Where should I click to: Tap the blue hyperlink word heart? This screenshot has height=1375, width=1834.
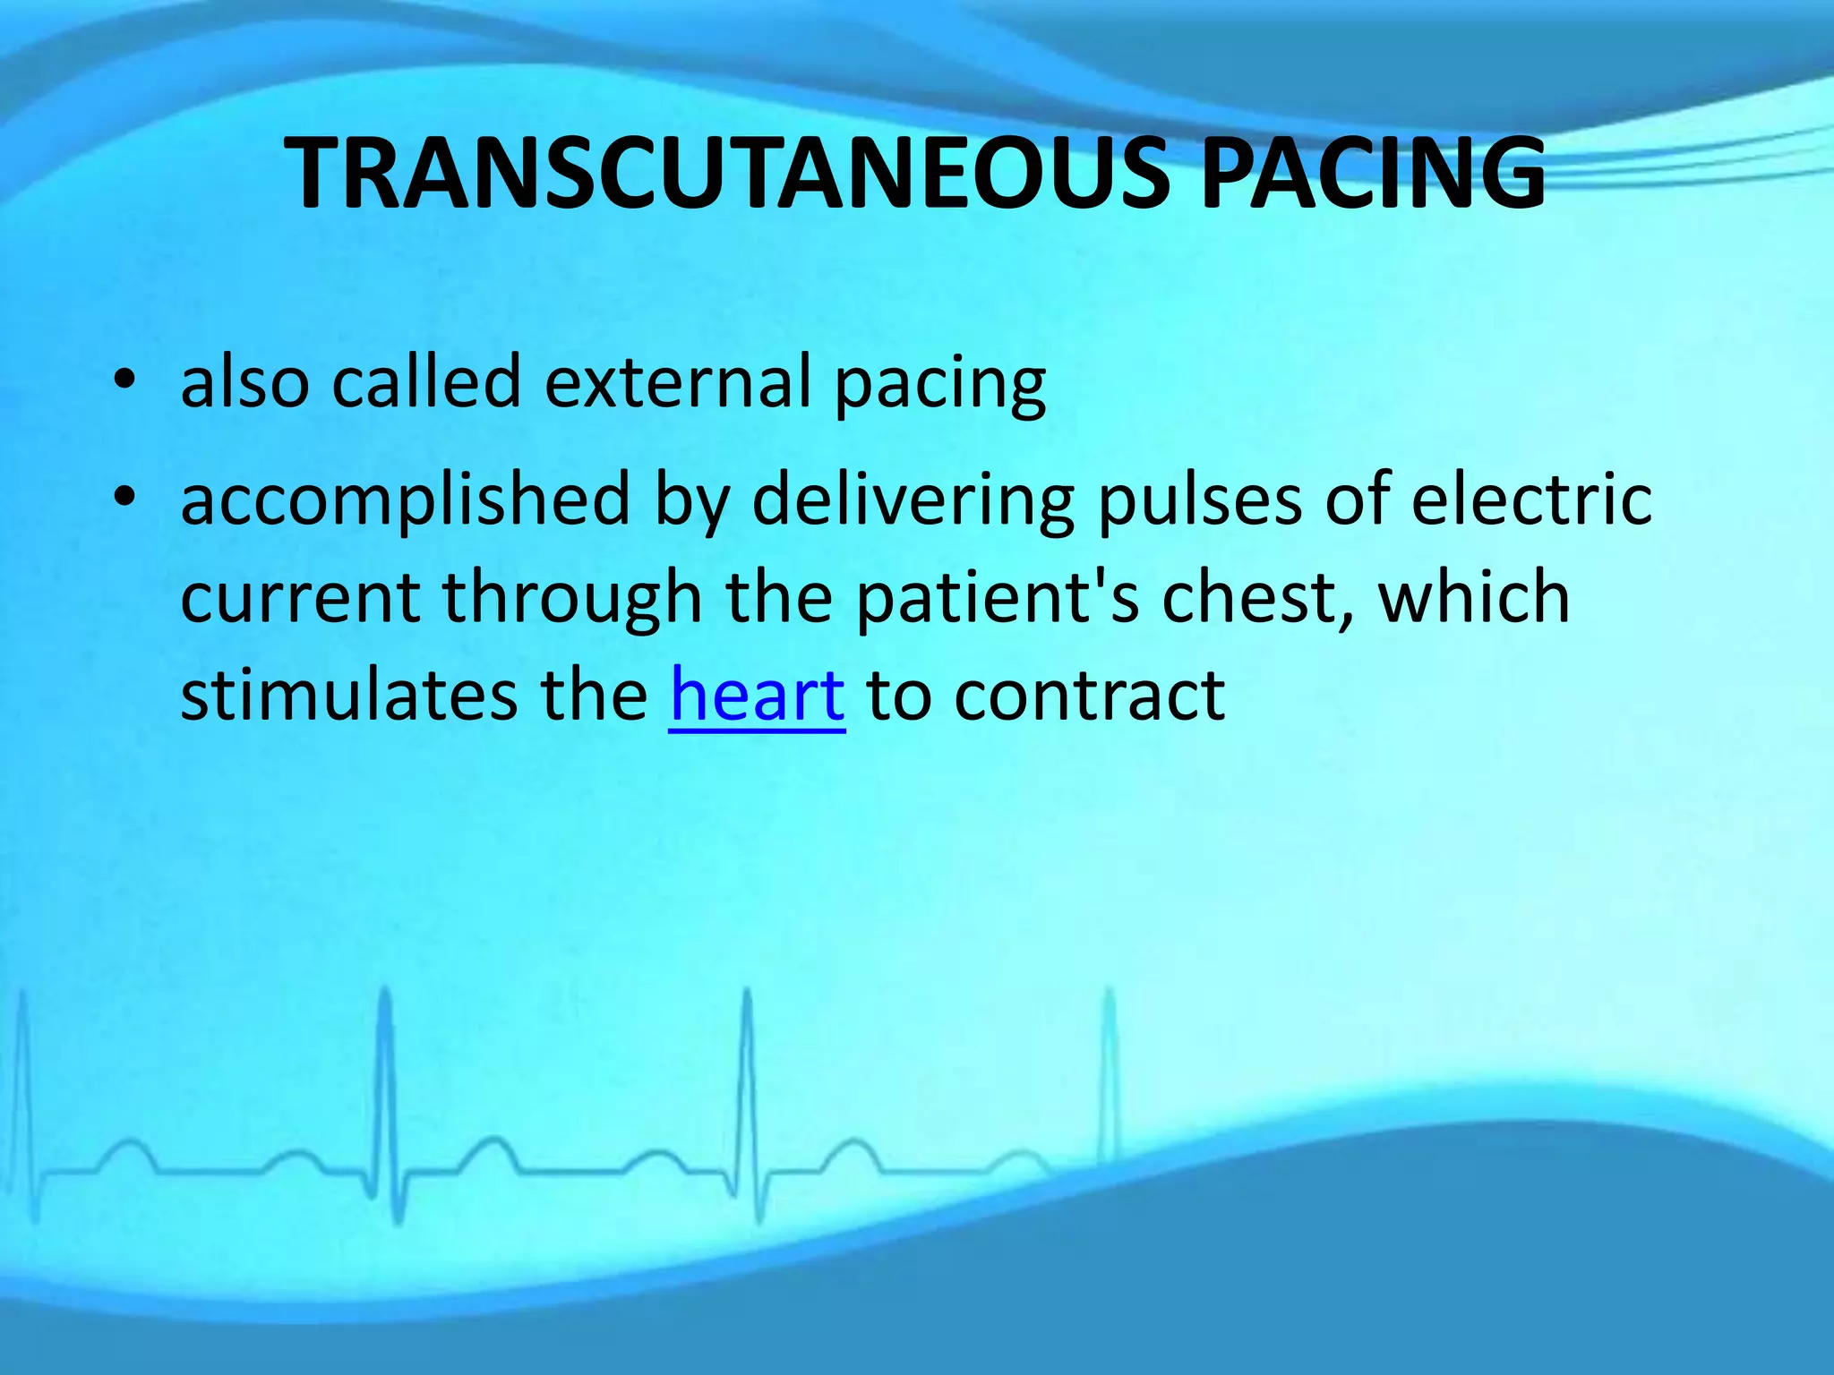757,696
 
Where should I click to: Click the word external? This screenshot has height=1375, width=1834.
677,383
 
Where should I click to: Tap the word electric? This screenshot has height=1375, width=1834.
1531,500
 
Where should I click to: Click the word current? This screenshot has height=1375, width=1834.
300,598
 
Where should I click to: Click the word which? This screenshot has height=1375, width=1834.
1474,598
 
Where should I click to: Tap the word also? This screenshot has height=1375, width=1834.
244,383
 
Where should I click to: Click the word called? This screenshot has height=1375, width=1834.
426,383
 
